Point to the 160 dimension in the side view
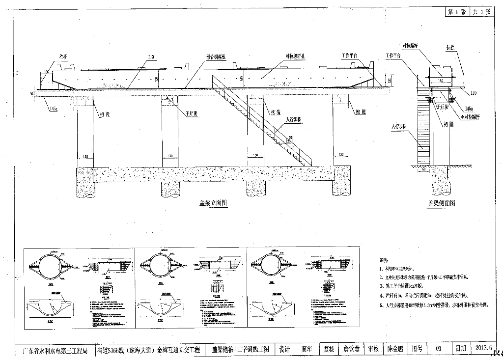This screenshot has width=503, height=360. click(x=441, y=79)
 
